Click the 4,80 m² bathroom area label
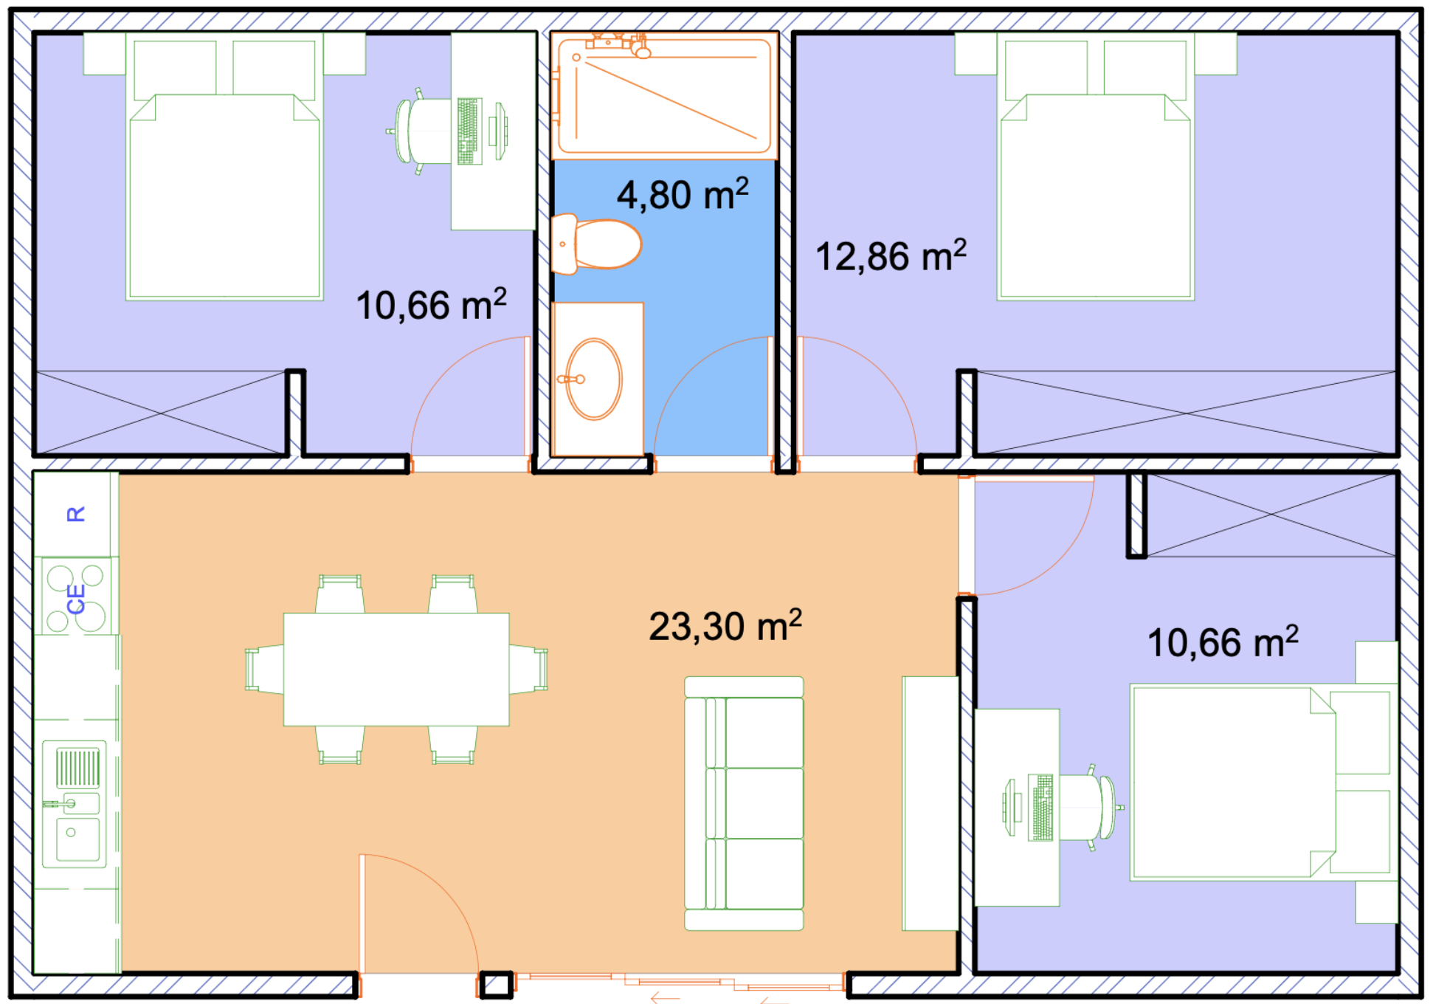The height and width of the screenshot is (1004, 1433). click(683, 194)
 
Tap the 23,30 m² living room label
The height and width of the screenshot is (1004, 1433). click(725, 626)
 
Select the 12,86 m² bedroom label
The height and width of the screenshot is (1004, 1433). click(891, 256)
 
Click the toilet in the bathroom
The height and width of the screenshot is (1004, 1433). click(596, 244)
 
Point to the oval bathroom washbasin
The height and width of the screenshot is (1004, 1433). click(594, 379)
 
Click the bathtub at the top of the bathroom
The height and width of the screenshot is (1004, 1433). click(664, 95)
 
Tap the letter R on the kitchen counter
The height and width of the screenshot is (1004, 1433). click(75, 514)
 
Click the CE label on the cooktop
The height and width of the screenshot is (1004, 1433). click(76, 599)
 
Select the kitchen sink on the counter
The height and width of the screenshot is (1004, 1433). click(75, 804)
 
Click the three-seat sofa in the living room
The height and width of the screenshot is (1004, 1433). click(744, 803)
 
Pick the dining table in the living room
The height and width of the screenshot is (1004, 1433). click(396, 669)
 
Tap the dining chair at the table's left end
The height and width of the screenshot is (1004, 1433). click(264, 669)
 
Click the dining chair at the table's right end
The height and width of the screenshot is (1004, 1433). click(528, 669)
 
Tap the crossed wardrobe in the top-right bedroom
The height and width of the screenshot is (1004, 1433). click(1187, 412)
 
